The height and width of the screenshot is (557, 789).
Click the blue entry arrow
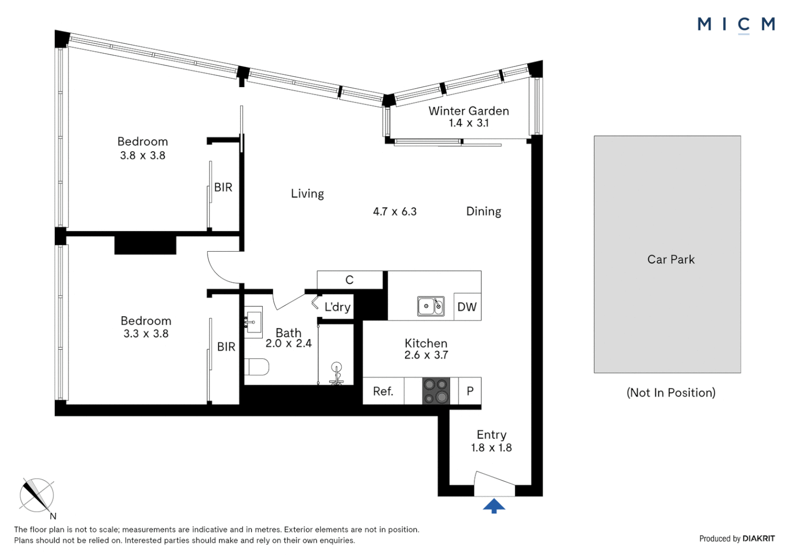(x=494, y=506)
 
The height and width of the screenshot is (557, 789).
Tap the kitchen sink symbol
(x=431, y=306)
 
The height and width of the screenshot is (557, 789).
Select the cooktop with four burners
(x=436, y=391)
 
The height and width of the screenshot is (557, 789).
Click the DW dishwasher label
(x=467, y=307)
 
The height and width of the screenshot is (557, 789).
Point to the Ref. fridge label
(x=383, y=391)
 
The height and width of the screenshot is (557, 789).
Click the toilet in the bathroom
(x=257, y=367)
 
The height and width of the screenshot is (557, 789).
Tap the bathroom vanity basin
(x=253, y=321)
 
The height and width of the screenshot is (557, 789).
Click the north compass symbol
(x=37, y=496)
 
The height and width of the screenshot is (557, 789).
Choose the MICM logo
(x=736, y=24)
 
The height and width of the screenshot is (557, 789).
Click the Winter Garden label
(x=468, y=111)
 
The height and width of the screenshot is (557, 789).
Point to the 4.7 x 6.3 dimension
(x=394, y=211)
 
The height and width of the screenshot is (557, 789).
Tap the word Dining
(x=483, y=211)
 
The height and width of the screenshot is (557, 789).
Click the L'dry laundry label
(x=337, y=307)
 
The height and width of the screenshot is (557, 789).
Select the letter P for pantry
(x=470, y=391)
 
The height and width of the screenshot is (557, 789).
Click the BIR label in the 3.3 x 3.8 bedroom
(x=226, y=347)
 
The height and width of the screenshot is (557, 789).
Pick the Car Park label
(x=671, y=259)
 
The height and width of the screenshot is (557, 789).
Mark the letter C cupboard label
(x=350, y=280)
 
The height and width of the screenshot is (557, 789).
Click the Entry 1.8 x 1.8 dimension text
(x=491, y=448)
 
